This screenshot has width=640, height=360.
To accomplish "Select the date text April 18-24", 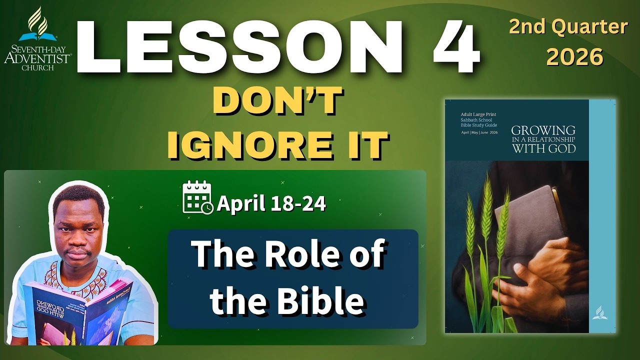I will pyautogui.click(x=271, y=203).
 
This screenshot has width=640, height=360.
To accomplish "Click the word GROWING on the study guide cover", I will pyautogui.click(x=543, y=131).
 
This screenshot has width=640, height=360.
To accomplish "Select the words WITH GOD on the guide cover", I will pyautogui.click(x=543, y=148).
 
